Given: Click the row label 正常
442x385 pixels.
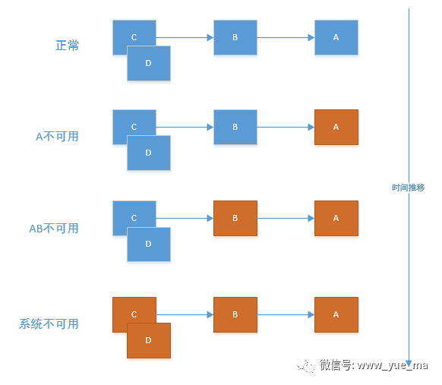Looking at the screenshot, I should pos(67,46).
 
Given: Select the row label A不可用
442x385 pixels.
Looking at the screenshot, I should pos(57,137).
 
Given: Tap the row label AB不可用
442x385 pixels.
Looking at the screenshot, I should pos(54,228).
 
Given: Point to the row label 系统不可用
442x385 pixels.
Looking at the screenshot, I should pos(49,323).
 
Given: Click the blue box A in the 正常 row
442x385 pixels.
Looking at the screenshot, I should pos(336,37).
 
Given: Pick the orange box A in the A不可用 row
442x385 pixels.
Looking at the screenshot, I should pos(336,127).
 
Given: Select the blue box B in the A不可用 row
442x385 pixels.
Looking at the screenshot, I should pos(235,127).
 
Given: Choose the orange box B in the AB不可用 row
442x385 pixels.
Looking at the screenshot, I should pos(235,218).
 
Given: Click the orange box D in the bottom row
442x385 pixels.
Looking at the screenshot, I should pos(148,340).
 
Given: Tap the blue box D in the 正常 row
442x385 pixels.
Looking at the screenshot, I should pos(148,63).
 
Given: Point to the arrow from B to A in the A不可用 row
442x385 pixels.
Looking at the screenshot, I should pos(286,127).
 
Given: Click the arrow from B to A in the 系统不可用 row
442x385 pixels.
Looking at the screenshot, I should pos(286,314).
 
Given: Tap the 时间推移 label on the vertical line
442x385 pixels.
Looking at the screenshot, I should pos(408,187).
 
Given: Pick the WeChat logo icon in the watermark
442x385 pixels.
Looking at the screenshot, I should pos(307,366).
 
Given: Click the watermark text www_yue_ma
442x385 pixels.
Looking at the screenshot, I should pos(392,365).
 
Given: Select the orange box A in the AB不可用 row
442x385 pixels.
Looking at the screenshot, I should pos(336,218).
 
